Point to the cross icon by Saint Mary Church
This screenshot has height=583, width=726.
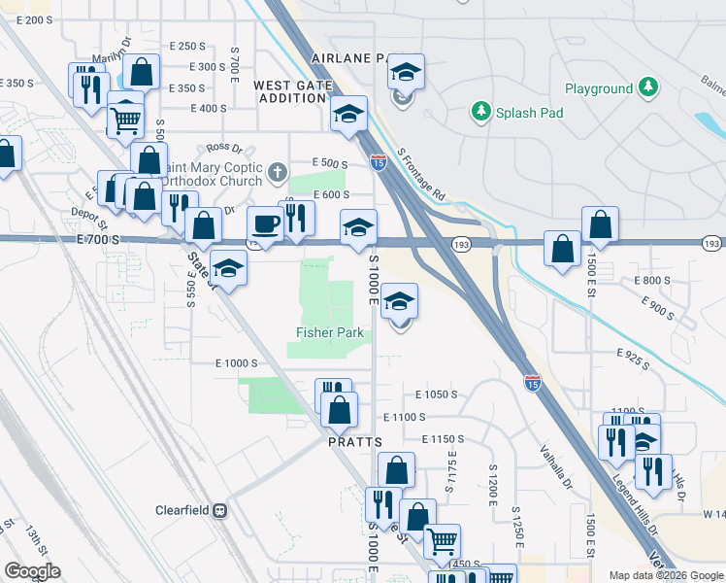coord(279,173)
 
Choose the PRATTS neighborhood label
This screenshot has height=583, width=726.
coord(352,441)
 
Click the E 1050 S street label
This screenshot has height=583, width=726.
coord(435,394)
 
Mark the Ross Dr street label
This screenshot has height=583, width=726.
coord(223,147)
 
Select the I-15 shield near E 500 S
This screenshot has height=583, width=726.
coord(379,163)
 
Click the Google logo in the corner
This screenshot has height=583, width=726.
coord(32,571)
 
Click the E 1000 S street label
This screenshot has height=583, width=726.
coord(236,362)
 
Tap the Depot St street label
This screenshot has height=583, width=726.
coord(86,213)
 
